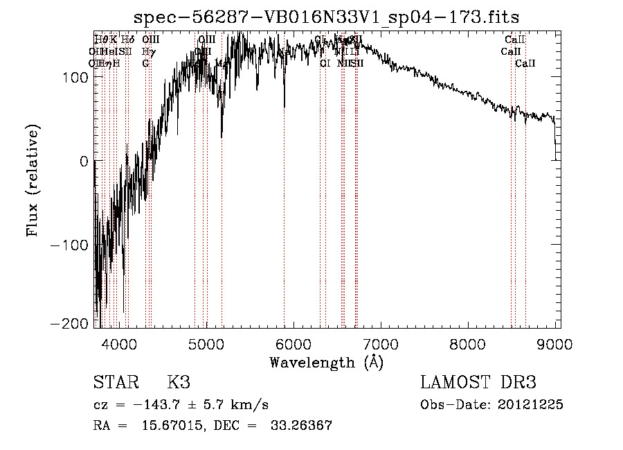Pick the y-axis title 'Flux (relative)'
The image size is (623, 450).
33,180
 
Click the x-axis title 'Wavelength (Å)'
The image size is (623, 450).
326,362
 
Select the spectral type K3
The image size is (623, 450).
179,383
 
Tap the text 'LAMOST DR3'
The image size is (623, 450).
478,383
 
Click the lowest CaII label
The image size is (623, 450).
525,63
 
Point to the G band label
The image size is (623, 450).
145,63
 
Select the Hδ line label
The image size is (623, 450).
128,40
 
